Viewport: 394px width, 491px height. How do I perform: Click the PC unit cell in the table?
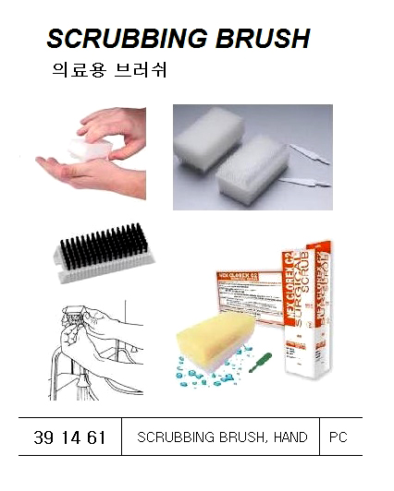point(339,437)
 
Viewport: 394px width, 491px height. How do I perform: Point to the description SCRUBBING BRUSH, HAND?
point(222,437)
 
